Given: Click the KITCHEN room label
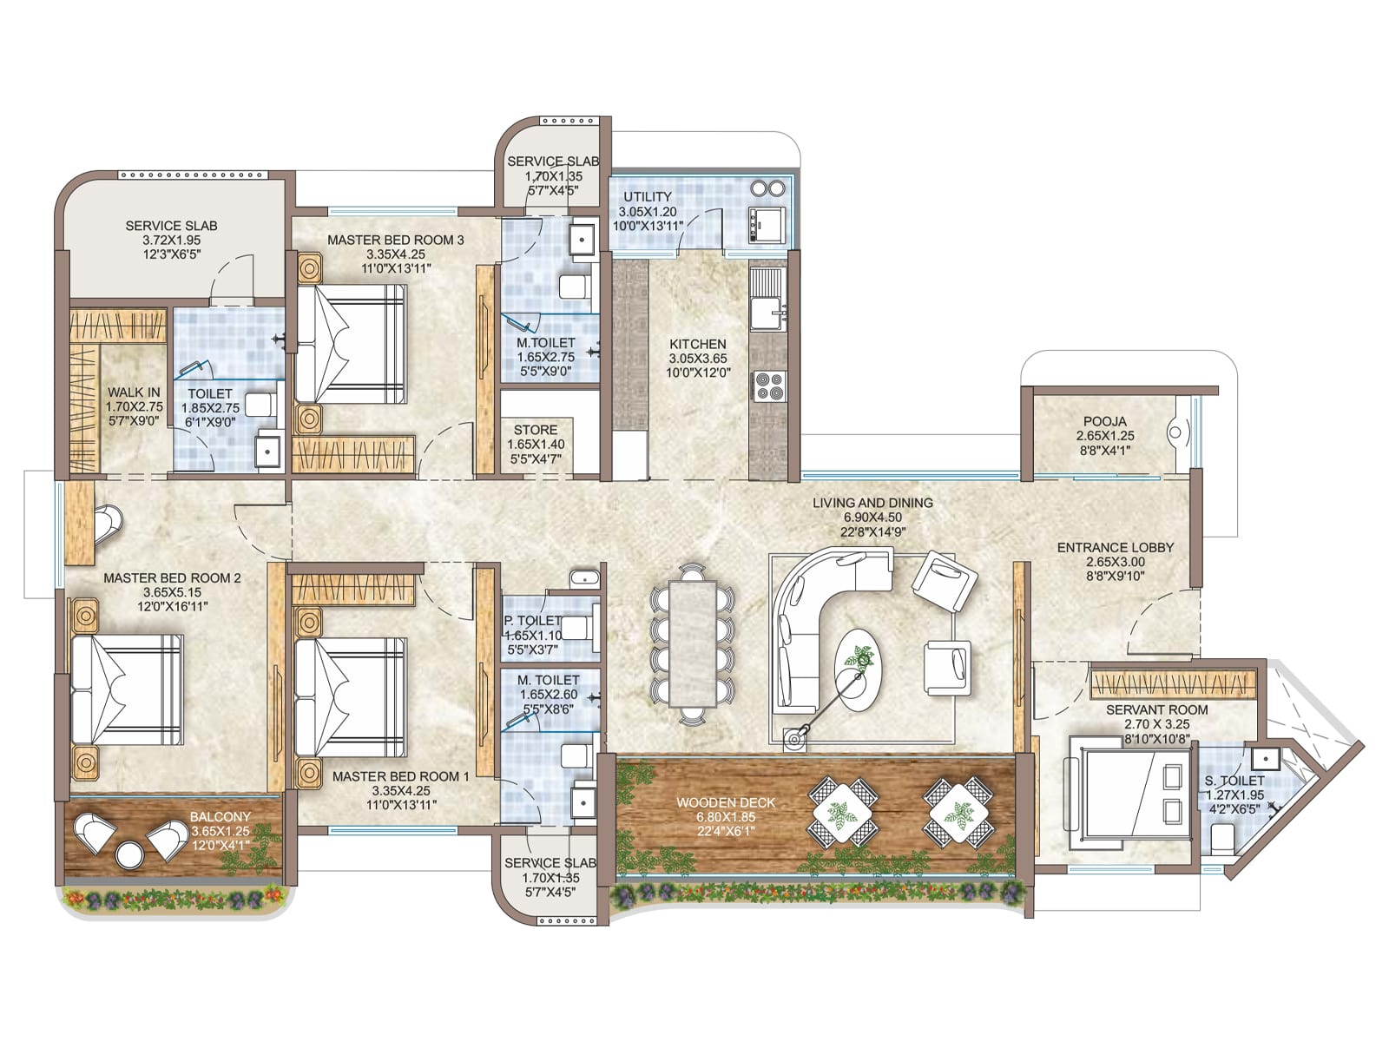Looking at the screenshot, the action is click(x=697, y=344).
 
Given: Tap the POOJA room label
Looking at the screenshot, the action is click(x=1105, y=421).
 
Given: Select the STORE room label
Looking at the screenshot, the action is click(x=536, y=430).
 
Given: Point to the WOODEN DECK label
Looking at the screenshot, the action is click(x=725, y=803).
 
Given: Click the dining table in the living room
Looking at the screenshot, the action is click(x=693, y=643).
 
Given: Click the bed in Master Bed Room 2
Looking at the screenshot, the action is click(x=127, y=690).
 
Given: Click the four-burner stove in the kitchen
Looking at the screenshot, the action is click(x=768, y=386).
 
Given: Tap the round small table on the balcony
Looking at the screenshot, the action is click(x=129, y=854).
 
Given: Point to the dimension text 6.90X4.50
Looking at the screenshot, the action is click(x=872, y=518).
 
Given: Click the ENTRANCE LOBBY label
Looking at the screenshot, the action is click(x=1115, y=547).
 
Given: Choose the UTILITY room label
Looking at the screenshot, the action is click(x=648, y=197).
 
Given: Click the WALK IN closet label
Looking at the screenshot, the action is click(x=134, y=392).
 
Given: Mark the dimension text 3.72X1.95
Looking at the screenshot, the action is click(x=172, y=241).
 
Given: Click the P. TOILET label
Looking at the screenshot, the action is click(x=533, y=621).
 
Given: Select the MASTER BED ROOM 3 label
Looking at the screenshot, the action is click(x=396, y=241).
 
